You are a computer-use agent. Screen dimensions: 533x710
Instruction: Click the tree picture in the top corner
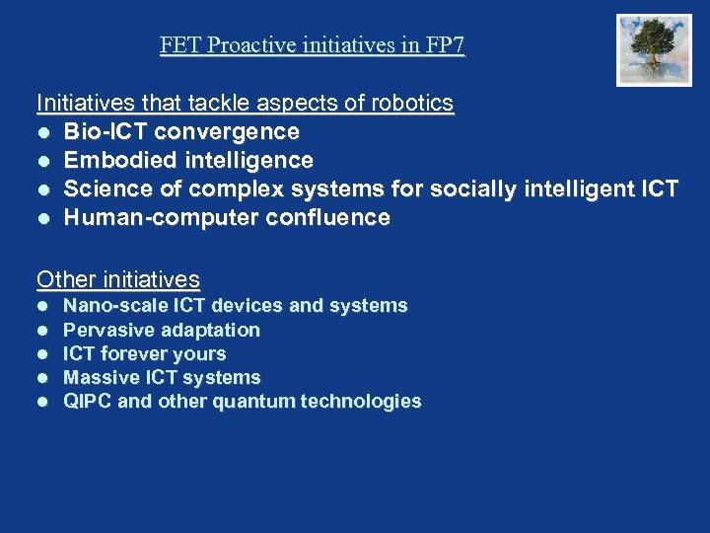[654, 50]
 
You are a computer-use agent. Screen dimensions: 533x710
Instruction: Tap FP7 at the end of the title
[446, 45]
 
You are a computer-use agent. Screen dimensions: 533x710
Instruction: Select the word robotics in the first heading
[414, 103]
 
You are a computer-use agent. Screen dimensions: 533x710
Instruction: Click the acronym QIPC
[88, 401]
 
